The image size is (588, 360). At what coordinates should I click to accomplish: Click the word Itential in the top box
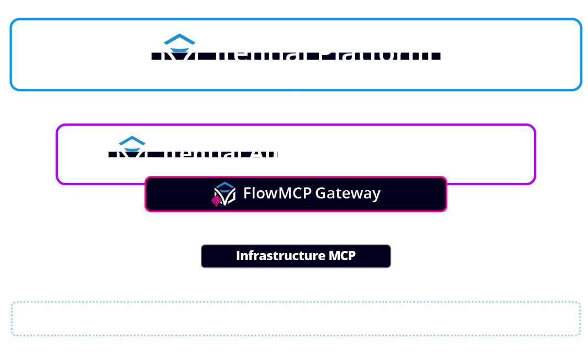261,53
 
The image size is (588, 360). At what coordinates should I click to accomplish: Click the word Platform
376,53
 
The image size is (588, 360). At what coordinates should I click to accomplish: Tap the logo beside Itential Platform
179,54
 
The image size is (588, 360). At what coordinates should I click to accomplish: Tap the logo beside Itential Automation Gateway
132,153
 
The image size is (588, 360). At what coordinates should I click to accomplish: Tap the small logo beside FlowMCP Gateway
224,194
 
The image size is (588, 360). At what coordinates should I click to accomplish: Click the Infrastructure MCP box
296,256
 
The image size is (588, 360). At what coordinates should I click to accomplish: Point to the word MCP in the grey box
342,256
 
